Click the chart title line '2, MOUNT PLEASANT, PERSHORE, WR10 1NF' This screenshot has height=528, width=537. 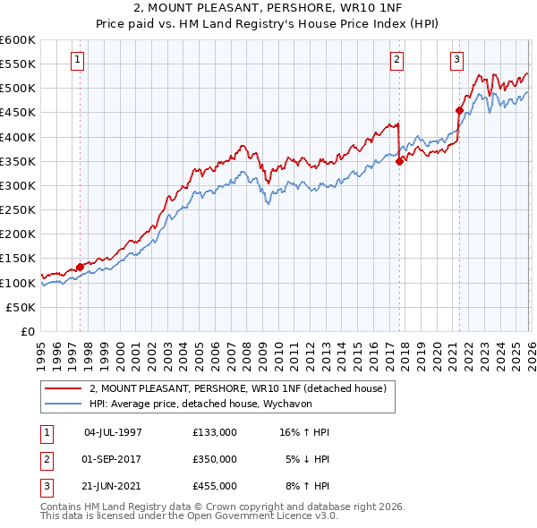point(268,8)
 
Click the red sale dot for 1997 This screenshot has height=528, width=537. point(80,267)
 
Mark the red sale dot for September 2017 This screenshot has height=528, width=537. point(399,161)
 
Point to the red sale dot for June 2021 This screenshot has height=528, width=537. point(459,111)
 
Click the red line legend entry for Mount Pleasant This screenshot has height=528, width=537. point(237,388)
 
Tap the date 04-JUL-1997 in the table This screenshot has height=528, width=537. point(113,432)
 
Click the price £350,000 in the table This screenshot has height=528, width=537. point(214,459)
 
